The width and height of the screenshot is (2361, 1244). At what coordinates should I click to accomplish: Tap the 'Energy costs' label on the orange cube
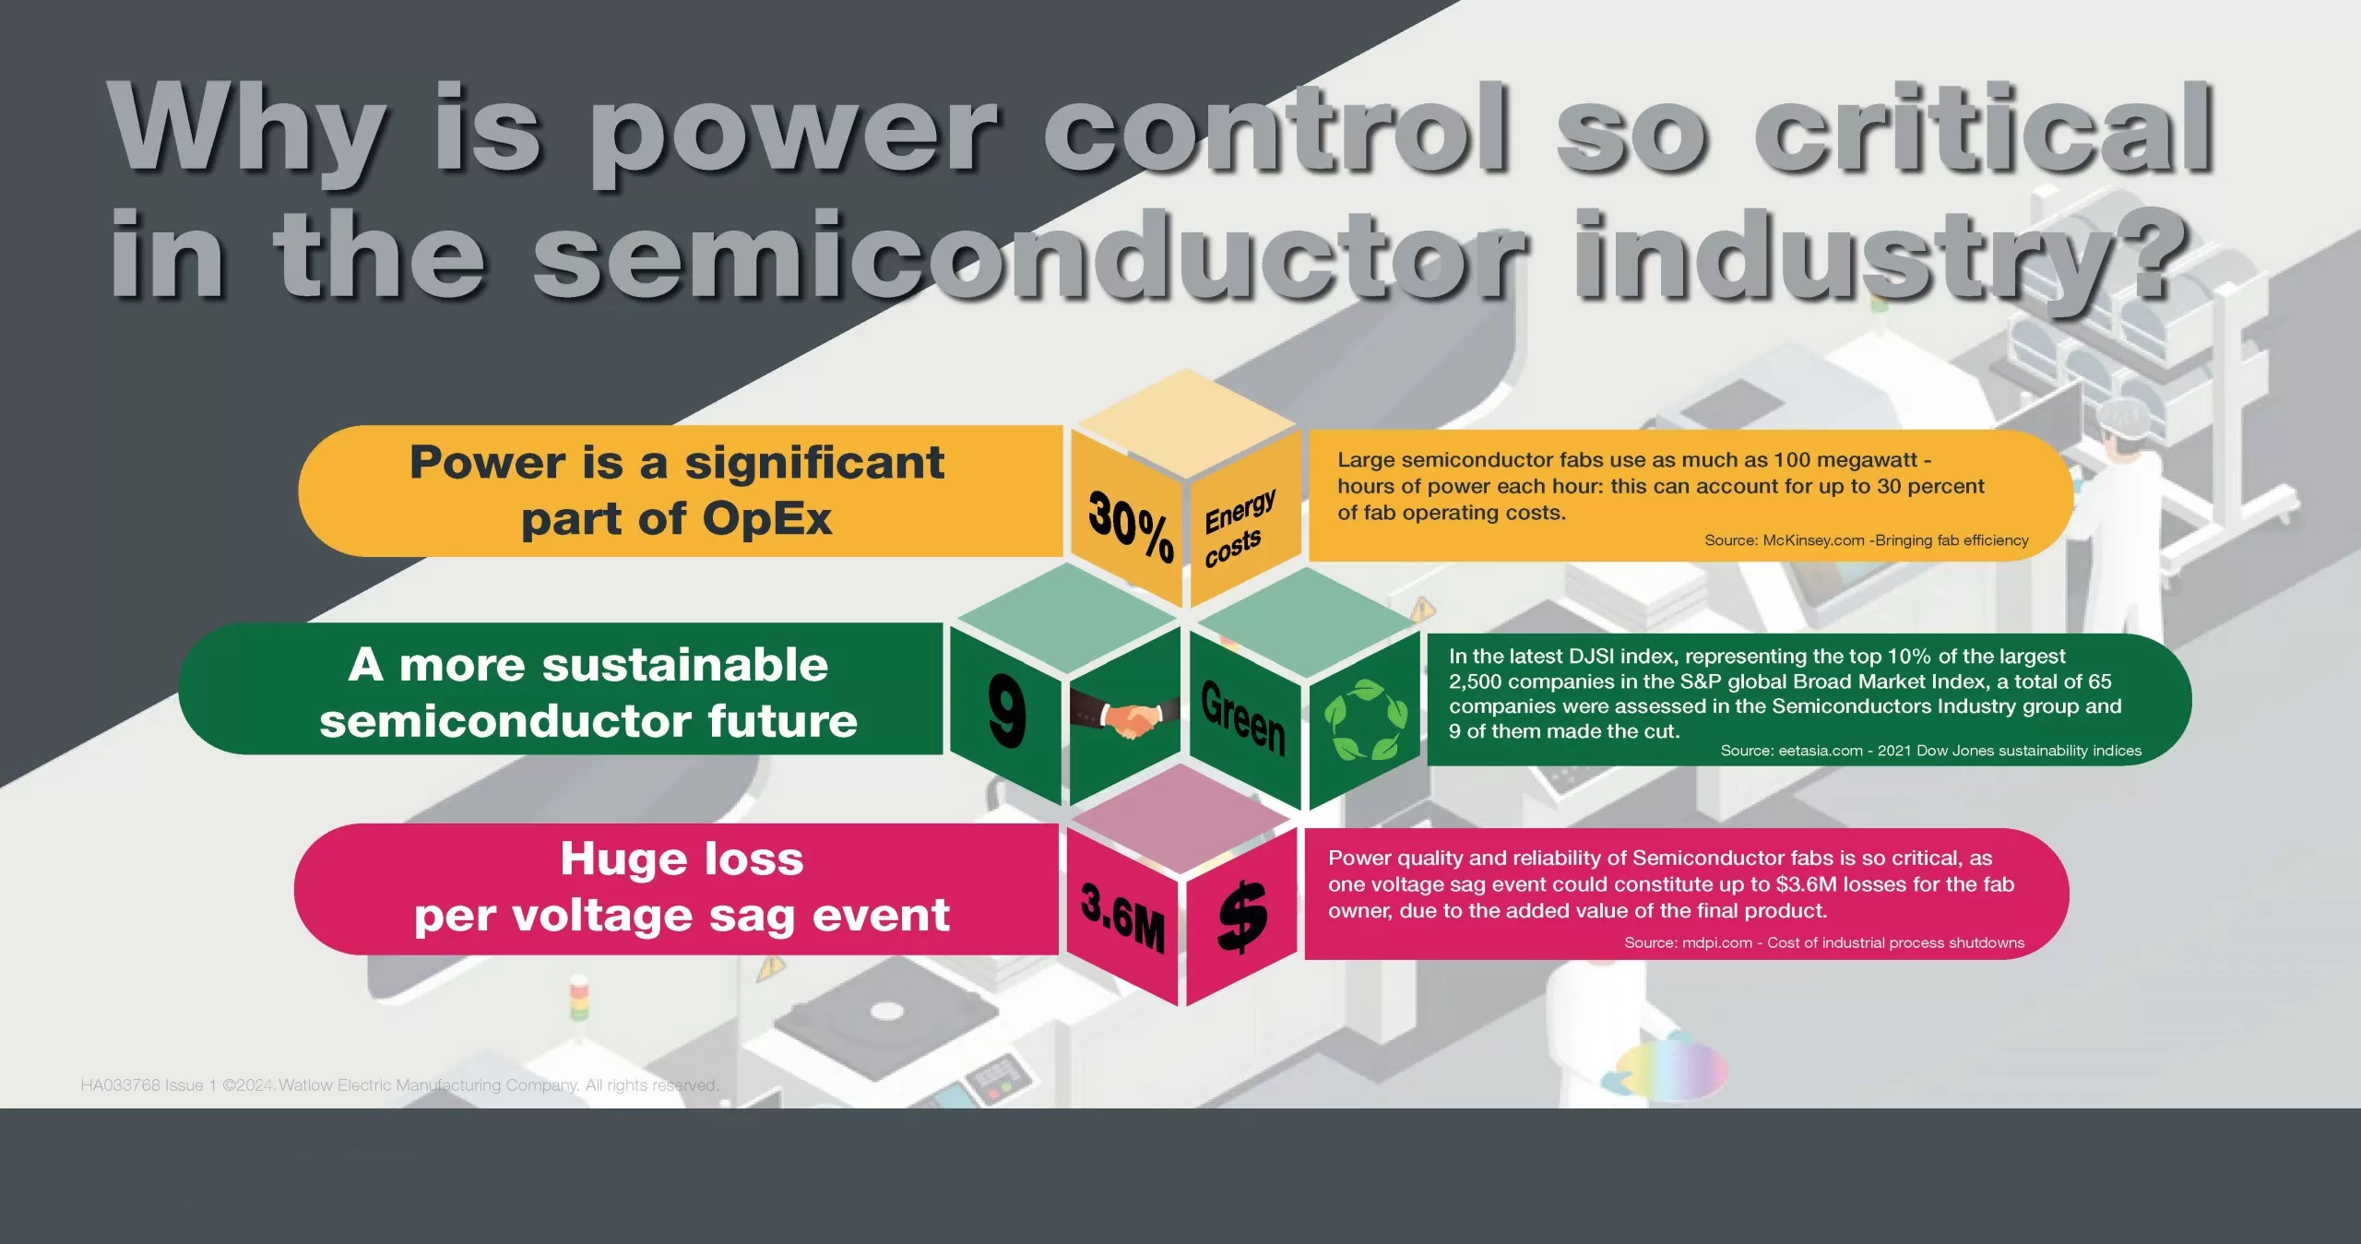1239,527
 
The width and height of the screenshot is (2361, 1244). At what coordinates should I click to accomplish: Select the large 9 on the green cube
1006,709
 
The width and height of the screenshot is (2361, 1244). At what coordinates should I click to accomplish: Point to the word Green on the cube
1243,717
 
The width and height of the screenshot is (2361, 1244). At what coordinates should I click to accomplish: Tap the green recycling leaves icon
1366,720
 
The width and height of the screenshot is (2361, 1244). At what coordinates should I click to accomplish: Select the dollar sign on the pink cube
1242,915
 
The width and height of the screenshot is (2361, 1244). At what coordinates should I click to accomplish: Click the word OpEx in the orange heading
767,518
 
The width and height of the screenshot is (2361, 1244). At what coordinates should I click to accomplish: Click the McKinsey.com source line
1866,540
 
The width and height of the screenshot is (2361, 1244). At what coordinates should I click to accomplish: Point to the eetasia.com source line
1930,751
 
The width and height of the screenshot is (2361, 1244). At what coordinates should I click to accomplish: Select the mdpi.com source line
1824,942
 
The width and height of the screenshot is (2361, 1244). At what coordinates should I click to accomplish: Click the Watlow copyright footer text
399,1085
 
